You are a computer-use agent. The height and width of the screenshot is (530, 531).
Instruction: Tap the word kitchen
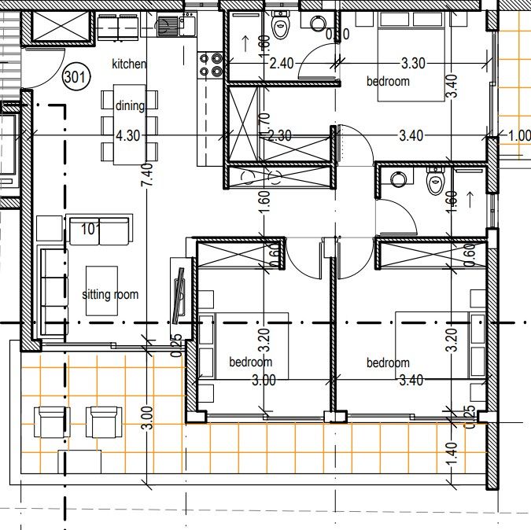click(129, 64)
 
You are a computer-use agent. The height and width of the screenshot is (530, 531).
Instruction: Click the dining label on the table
click(130, 106)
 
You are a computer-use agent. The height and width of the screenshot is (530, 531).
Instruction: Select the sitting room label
click(110, 295)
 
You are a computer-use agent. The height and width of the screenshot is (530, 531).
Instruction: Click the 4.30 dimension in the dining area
click(127, 135)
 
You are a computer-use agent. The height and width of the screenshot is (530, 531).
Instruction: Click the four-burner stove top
click(210, 64)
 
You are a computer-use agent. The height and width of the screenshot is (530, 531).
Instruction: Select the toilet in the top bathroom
click(280, 28)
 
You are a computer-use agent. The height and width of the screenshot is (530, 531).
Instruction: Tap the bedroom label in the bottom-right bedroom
click(388, 363)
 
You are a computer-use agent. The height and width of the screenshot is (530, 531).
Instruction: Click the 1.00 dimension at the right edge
click(519, 135)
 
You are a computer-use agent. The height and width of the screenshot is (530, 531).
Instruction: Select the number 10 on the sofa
click(88, 229)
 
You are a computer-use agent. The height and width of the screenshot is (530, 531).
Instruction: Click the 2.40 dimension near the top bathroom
click(281, 63)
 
